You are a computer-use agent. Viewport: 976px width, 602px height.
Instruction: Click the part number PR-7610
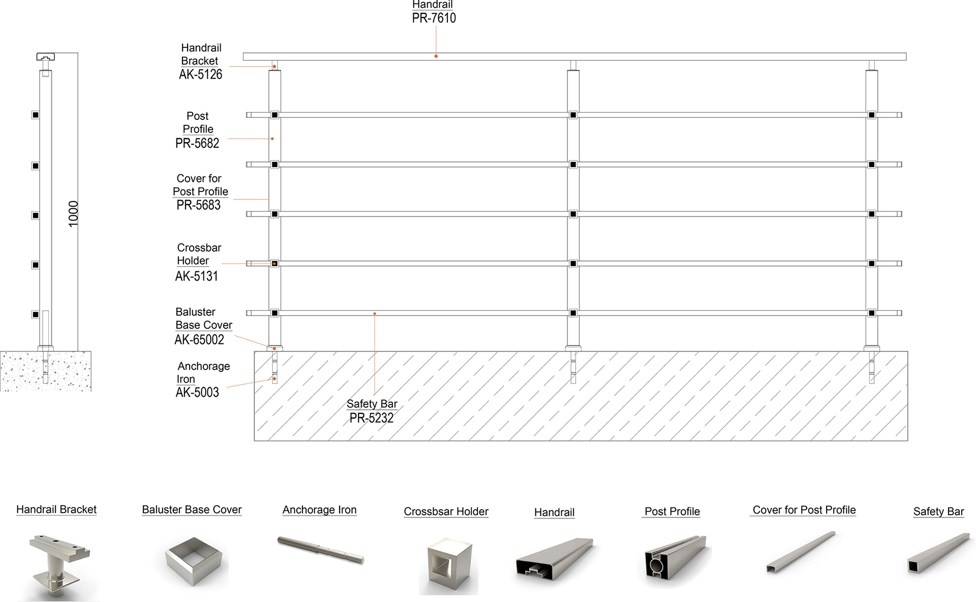click(434, 18)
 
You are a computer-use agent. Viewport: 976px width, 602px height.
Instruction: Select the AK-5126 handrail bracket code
click(200, 75)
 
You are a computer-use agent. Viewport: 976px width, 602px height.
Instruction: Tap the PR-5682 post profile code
click(197, 143)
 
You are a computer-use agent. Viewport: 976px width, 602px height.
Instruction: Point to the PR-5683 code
click(198, 205)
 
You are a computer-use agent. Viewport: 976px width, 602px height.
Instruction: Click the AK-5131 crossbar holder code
click(196, 276)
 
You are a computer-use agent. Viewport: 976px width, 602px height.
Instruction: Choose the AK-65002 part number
click(199, 340)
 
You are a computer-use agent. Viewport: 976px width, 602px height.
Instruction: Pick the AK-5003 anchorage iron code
click(197, 393)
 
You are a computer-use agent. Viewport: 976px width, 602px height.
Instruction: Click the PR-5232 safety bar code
click(371, 418)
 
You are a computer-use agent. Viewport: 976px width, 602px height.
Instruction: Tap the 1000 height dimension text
click(74, 214)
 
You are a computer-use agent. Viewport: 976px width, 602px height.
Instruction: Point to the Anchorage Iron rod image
click(320, 550)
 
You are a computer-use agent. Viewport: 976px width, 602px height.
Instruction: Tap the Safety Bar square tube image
click(938, 554)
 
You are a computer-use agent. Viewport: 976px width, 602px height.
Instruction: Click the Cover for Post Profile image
click(801, 552)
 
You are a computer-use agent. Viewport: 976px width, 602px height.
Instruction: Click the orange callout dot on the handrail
click(436, 56)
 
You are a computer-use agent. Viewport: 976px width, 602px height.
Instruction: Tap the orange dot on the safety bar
click(375, 314)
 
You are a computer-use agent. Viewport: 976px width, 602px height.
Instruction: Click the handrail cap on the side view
click(45, 56)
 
